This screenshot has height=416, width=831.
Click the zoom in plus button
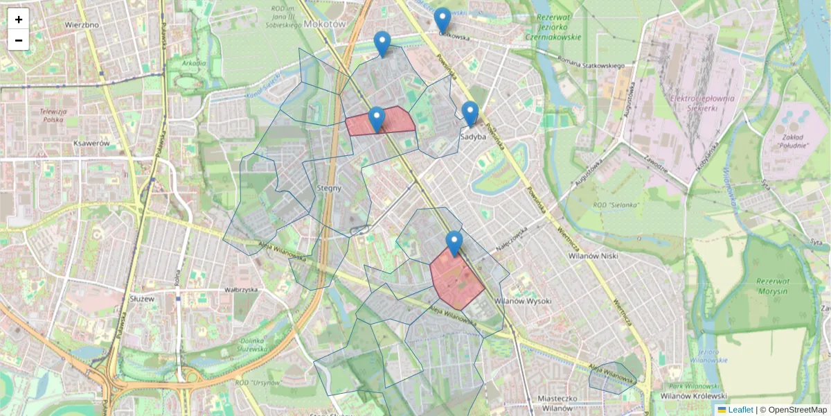(19, 19)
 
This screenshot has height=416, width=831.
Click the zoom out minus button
(19, 40)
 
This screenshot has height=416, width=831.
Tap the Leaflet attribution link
(740, 410)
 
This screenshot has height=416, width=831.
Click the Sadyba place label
(473, 137)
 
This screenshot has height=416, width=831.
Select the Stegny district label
(329, 187)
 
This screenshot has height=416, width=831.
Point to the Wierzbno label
(82, 24)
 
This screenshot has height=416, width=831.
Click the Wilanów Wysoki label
(524, 301)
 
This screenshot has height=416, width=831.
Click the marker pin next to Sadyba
(470, 114)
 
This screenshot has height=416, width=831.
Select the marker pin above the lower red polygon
(454, 243)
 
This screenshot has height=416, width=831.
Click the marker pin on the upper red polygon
(377, 119)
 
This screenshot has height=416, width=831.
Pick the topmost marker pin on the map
(442, 19)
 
